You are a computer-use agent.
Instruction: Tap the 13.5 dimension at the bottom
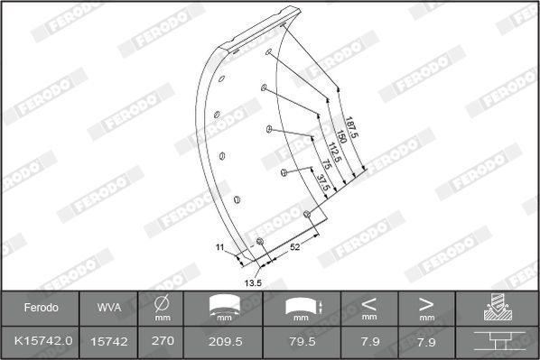click(x=253, y=282)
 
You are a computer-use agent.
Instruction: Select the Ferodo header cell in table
click(x=41, y=308)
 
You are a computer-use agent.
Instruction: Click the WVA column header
click(x=108, y=308)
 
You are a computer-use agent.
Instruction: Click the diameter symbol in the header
click(x=163, y=303)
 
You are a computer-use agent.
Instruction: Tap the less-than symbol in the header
click(x=369, y=303)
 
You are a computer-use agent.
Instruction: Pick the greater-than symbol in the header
click(x=425, y=303)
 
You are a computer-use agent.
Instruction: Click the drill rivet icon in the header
click(x=497, y=308)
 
